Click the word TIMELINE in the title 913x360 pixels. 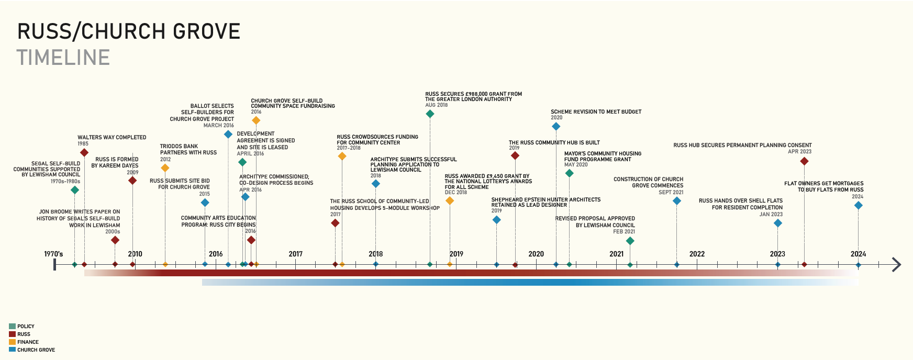point(63,58)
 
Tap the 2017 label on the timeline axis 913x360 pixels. point(296,254)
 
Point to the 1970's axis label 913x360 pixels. point(53,254)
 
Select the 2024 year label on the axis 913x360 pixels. point(858,254)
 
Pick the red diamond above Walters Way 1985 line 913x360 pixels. point(84,153)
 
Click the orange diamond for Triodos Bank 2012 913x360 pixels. point(165,168)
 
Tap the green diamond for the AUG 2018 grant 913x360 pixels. point(430,114)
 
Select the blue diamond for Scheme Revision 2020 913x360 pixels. point(556,126)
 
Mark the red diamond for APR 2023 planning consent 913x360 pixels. point(804,161)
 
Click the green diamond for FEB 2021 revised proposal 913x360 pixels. point(630,241)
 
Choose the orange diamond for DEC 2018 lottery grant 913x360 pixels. point(450,201)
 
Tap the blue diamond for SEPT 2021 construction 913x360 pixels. point(676,201)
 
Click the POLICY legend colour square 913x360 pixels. point(12,326)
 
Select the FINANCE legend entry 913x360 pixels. point(28,342)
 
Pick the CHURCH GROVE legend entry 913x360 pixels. point(36,350)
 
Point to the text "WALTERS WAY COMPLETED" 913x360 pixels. point(112,138)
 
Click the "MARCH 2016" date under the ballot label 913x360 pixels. point(218,126)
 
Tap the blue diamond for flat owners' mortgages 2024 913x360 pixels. point(858,206)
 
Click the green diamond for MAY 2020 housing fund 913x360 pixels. point(569,173)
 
